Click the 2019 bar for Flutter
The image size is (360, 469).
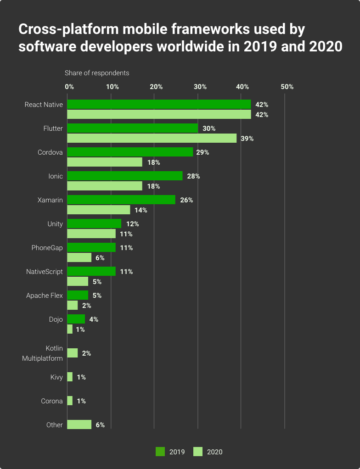(x=132, y=128)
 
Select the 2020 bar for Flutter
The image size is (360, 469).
(x=152, y=138)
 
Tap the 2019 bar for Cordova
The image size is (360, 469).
(x=130, y=152)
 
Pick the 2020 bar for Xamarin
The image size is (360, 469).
(x=98, y=210)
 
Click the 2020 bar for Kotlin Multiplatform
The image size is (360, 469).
(x=72, y=353)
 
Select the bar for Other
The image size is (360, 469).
(x=79, y=424)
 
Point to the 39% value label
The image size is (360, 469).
(x=247, y=139)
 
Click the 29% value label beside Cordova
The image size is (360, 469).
(x=202, y=152)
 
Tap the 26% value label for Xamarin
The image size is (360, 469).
(x=186, y=200)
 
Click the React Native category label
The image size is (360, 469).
(x=44, y=105)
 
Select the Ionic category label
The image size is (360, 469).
(x=56, y=176)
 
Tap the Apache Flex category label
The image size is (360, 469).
(x=45, y=296)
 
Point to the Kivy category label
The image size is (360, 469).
(x=56, y=377)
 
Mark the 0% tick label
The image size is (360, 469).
(x=69, y=87)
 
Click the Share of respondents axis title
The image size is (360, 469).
(x=96, y=73)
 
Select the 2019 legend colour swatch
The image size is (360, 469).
(x=160, y=452)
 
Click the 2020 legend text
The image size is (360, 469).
(x=214, y=452)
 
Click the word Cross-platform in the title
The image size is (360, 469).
(x=58, y=30)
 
